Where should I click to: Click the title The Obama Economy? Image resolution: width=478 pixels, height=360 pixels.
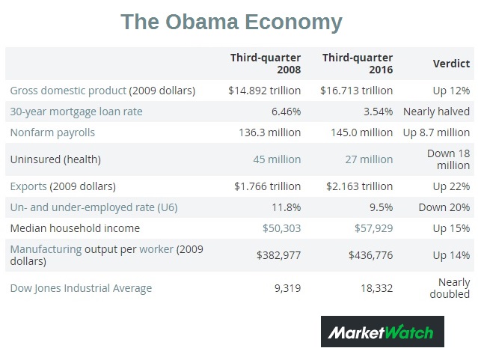point(231,22)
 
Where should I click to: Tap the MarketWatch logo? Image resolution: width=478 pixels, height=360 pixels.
point(382,331)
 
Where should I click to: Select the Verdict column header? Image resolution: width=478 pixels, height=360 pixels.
point(451,64)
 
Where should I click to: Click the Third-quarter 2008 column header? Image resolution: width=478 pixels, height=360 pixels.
point(265,64)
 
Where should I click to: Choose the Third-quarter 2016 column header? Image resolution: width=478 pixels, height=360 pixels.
point(357,64)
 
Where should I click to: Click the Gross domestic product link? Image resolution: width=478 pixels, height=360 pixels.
point(68,91)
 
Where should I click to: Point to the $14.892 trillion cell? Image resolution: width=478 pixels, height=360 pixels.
point(265,91)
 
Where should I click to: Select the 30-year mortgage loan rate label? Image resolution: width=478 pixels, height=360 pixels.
point(76,112)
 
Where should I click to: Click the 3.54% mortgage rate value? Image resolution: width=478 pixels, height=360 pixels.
point(378,112)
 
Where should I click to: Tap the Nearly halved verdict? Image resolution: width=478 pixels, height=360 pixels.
point(436,112)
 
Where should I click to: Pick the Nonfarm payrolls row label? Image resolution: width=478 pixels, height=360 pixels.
point(52,132)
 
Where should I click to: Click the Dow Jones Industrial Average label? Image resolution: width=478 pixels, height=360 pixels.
point(81,288)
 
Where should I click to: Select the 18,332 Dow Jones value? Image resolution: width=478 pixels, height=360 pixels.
point(375,288)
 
